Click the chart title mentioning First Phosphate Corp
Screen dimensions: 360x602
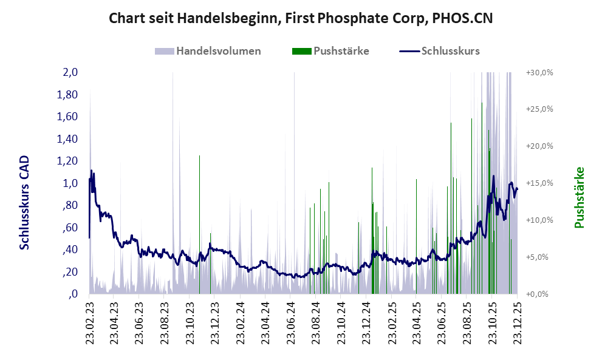300,18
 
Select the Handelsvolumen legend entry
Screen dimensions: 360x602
219,51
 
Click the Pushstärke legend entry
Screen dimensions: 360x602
341,51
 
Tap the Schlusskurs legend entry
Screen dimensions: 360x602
450,51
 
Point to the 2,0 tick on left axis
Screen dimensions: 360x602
70,72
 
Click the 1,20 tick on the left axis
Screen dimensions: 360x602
67,161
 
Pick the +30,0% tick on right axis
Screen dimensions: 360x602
539,72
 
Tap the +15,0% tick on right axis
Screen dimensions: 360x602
539,183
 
